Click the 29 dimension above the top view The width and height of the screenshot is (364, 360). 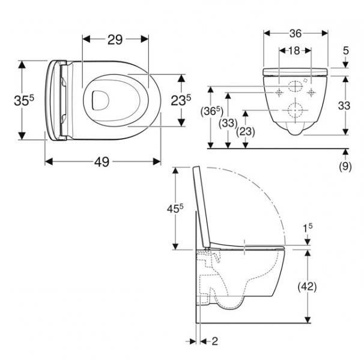pos(115,40)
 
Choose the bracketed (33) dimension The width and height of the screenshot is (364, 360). pos(228,123)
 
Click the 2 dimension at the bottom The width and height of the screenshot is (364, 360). pos(215,341)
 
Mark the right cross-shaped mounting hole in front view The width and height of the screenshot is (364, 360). pos(311,92)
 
